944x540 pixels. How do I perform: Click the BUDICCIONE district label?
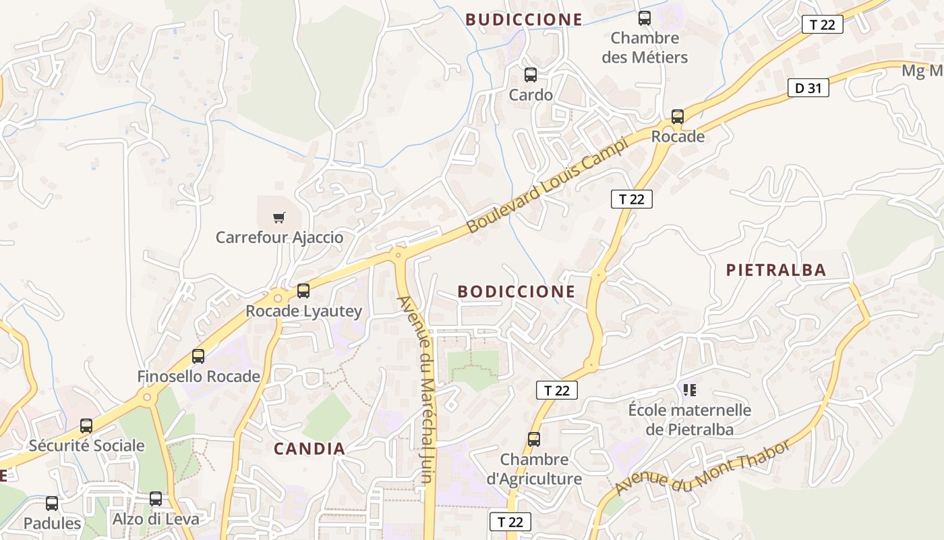pyautogui.click(x=523, y=20)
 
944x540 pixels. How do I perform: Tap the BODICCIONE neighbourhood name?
pyautogui.click(x=517, y=292)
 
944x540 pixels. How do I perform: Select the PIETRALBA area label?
pyautogui.click(x=775, y=270)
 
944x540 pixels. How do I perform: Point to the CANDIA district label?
pyautogui.click(x=309, y=448)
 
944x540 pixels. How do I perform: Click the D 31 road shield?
pyautogui.click(x=808, y=88)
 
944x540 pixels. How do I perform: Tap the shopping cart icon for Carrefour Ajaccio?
pyautogui.click(x=278, y=217)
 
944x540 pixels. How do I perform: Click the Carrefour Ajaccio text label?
pyautogui.click(x=279, y=238)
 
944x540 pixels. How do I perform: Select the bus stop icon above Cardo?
pyautogui.click(x=531, y=75)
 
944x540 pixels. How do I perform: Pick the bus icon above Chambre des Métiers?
pyautogui.click(x=645, y=18)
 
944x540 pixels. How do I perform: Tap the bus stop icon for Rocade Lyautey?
pyautogui.click(x=303, y=291)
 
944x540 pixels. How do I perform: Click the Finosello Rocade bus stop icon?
pyautogui.click(x=198, y=356)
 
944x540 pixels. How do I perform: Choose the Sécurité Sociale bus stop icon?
pyautogui.click(x=86, y=426)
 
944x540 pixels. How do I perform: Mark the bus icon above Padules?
pyautogui.click(x=52, y=504)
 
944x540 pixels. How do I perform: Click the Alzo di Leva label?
pyautogui.click(x=156, y=519)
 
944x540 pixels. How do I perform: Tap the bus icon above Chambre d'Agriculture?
pyautogui.click(x=534, y=439)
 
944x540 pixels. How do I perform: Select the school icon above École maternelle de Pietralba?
pyautogui.click(x=689, y=390)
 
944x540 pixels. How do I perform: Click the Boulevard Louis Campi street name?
pyautogui.click(x=547, y=184)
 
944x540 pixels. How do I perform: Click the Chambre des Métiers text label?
pyautogui.click(x=645, y=47)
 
